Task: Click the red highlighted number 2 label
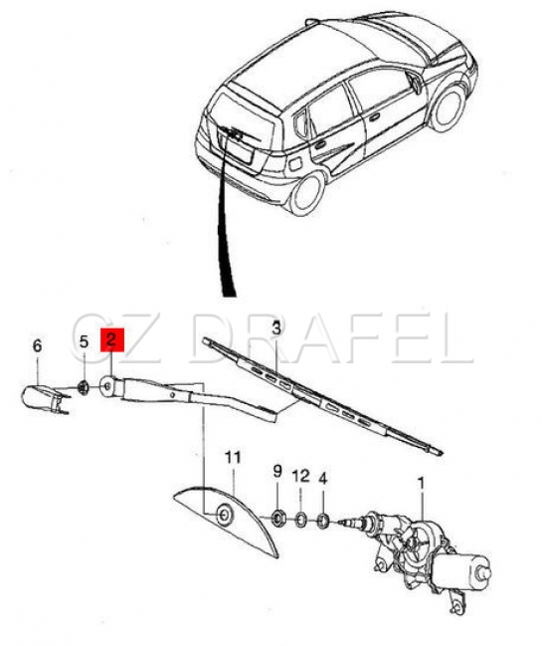[112, 339]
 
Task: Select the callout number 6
[37, 345]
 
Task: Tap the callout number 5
[84, 341]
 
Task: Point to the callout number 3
[276, 328]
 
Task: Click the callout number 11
[233, 458]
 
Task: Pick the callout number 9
[277, 471]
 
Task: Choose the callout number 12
[301, 476]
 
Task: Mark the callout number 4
[323, 479]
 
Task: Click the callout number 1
[421, 483]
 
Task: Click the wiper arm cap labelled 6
[41, 398]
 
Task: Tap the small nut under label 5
[84, 387]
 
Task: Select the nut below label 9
[278, 516]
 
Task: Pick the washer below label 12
[301, 520]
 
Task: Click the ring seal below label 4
[323, 521]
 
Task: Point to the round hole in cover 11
[225, 515]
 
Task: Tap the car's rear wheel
[306, 194]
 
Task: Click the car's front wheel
[449, 108]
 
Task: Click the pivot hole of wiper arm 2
[107, 386]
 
